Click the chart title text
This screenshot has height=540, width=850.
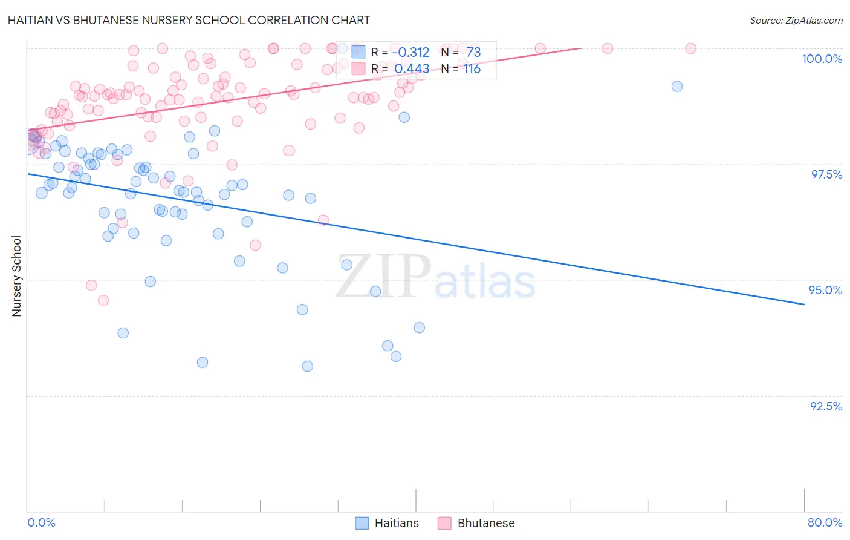[189, 20]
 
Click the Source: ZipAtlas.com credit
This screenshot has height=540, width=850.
[796, 21]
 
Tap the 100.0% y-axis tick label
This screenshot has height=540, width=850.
[822, 59]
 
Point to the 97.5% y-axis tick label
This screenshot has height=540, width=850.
[826, 174]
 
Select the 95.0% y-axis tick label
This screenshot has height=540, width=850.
[825, 290]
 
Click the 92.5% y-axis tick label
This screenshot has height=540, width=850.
[826, 406]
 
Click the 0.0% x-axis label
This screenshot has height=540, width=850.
[41, 522]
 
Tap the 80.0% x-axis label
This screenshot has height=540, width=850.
[825, 522]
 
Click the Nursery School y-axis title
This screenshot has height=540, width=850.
[17, 276]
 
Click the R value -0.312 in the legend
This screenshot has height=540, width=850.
[410, 53]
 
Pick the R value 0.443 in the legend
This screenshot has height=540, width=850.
[412, 69]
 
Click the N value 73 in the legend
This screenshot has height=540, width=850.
[473, 53]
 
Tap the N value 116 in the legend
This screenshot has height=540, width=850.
[472, 69]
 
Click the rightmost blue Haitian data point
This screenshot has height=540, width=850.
[677, 87]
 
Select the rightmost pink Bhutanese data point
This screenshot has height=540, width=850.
[690, 48]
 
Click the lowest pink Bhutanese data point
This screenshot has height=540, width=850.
[103, 300]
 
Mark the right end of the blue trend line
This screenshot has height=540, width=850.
[804, 305]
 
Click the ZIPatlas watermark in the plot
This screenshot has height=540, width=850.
[435, 278]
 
